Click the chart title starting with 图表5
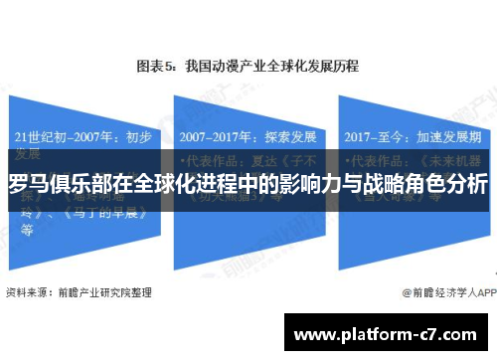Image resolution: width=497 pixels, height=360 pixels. (248, 67)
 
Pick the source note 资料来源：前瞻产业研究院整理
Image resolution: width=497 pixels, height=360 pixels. (80, 265)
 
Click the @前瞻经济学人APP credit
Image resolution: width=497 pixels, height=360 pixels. (447, 266)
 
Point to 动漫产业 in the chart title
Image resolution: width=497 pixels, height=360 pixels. (228, 67)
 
